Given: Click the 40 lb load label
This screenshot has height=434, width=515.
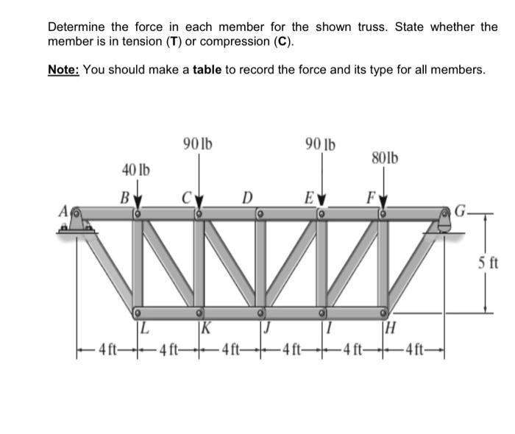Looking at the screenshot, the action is pos(135,171).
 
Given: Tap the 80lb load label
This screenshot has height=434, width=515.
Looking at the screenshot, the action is pos(385,157).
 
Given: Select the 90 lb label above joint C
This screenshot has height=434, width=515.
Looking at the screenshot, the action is pos(198,143).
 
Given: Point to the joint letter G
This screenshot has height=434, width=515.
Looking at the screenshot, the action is pos(461,213).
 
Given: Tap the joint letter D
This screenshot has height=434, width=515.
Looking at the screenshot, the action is pos(247,197).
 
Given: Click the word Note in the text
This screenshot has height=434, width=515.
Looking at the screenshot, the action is pos(63,70).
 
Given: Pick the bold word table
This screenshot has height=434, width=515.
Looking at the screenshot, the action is pos(207,70).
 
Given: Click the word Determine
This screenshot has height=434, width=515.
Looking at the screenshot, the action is pos(74,26).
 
